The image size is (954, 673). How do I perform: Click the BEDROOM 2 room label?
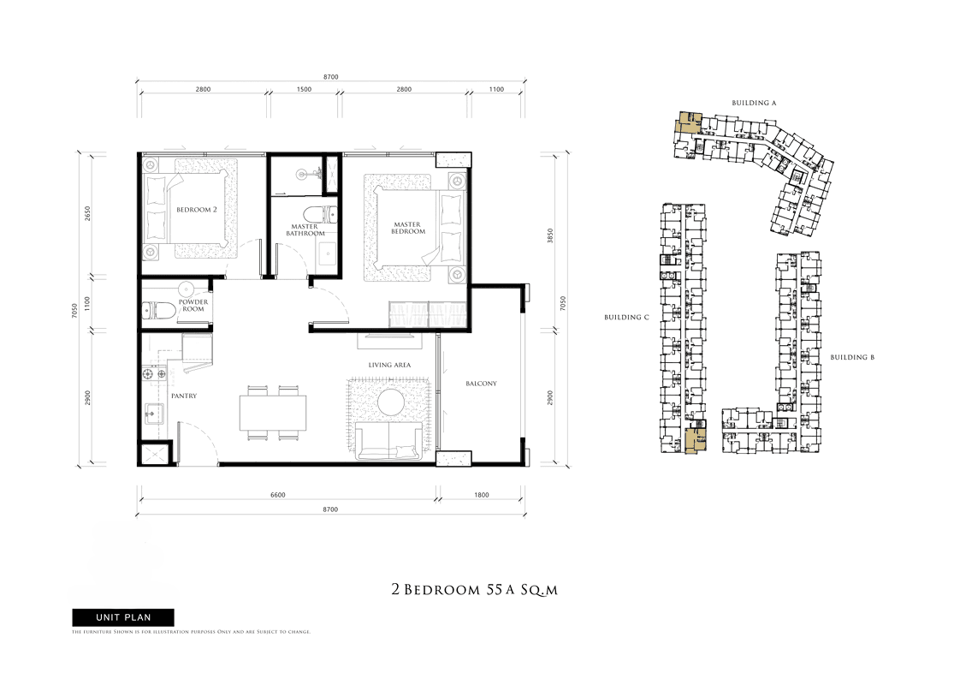pos(197,210)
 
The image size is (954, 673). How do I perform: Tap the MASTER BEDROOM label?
pos(407,228)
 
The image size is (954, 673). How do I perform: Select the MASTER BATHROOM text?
pos(305,229)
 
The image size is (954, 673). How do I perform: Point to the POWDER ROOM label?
pos(193,305)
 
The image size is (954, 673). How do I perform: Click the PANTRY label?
pos(184,396)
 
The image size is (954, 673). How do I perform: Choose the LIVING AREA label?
pos(389,365)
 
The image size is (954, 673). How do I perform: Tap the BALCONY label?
pos(481,384)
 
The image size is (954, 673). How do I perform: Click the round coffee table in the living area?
pos(391,402)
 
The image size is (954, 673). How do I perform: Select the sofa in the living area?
pos(388,441)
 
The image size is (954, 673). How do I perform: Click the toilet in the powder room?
pos(157,311)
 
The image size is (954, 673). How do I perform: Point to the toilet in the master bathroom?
pos(321,215)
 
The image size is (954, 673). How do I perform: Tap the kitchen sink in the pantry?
pos(154,414)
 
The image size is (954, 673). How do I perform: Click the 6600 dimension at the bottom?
pos(277,495)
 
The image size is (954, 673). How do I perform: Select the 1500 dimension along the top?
pos(305,90)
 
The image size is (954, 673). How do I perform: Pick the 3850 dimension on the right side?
pos(550,235)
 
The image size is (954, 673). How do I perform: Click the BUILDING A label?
pos(754,103)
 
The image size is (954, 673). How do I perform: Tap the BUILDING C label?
pos(626,318)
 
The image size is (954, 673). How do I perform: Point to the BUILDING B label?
pos(852,358)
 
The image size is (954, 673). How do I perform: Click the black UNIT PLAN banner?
pos(123,617)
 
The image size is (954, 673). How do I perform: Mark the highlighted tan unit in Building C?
pos(695,441)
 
